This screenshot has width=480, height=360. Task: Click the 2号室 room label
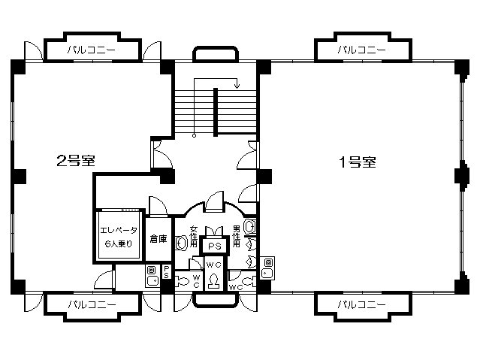pos(76,161)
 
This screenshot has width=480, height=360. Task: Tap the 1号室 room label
pos(358,162)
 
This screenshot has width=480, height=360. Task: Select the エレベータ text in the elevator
pos(119,230)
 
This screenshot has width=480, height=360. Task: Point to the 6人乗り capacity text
pos(119,244)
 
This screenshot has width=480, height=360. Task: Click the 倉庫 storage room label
pos(158,239)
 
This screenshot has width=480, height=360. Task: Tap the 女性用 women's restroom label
pos(194,236)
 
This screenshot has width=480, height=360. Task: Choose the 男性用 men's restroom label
pos(237,236)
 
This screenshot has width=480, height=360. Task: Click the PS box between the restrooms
pos(215,246)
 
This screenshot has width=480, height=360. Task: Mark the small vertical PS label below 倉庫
pos(166,271)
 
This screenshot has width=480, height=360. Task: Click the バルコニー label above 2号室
pos(91,50)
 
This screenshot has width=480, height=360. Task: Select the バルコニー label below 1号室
pos(361,304)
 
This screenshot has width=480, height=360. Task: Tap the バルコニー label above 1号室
pos(361,50)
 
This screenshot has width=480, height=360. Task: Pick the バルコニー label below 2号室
pos(92,304)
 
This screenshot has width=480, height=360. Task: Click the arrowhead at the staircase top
pos(237,86)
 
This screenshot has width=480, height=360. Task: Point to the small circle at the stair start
pos(194,135)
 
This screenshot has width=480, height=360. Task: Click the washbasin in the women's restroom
pos(182,243)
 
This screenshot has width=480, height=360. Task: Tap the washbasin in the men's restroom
pos(250,227)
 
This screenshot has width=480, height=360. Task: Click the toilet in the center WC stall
pos(213,280)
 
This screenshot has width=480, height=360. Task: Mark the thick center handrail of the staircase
pos(216,112)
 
